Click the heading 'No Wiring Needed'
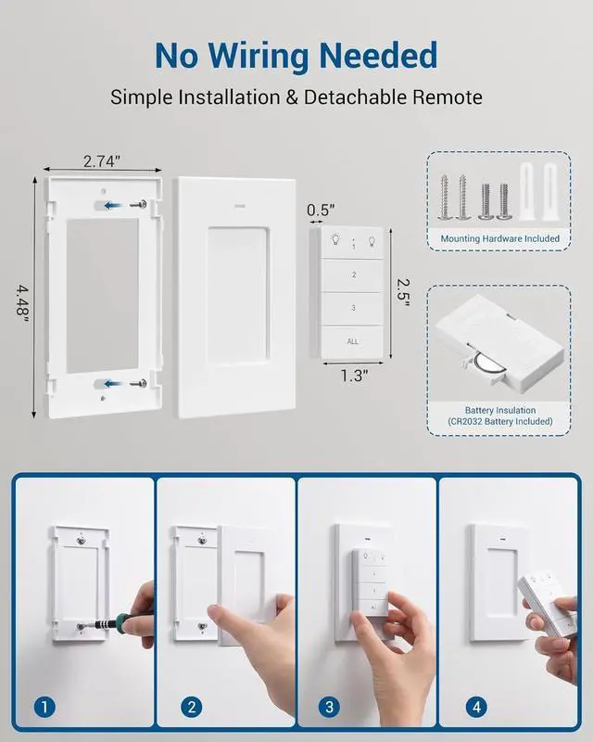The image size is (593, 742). click(x=296, y=56)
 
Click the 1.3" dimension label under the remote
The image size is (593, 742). click(x=354, y=375)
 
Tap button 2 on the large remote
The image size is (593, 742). click(x=353, y=275)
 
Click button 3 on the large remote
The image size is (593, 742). click(x=353, y=308)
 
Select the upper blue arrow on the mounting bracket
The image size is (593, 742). click(x=116, y=205)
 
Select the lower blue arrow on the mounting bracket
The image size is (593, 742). click(x=116, y=383)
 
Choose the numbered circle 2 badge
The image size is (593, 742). click(x=192, y=707)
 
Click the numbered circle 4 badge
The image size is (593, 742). click(x=474, y=707)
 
